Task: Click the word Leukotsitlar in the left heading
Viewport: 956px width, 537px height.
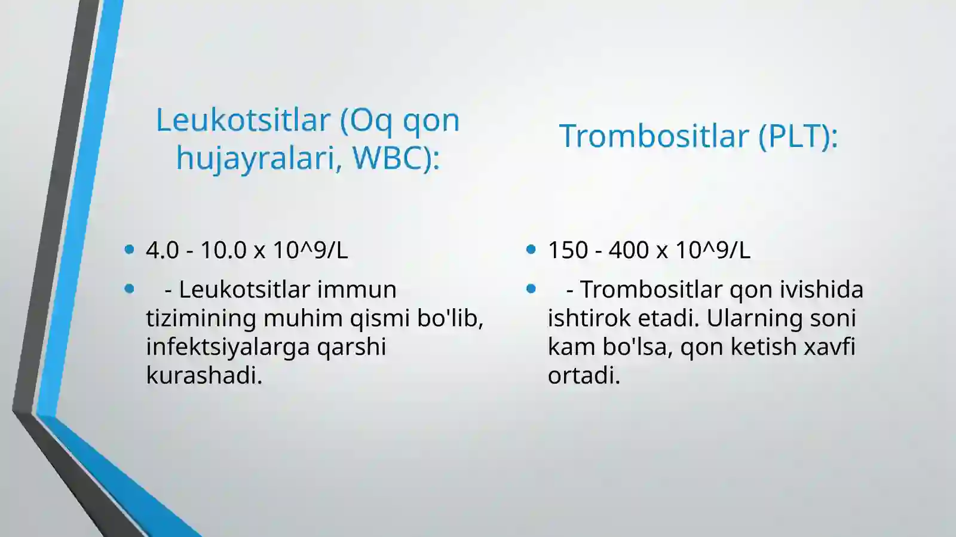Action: click(x=243, y=120)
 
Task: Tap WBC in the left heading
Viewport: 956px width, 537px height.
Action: click(x=386, y=158)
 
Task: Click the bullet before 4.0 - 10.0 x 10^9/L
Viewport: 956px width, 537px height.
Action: click(x=130, y=250)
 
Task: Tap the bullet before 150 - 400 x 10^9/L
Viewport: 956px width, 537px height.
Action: click(x=531, y=250)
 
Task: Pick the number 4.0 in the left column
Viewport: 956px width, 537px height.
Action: click(x=162, y=250)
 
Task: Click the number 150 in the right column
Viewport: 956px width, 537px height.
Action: click(x=568, y=250)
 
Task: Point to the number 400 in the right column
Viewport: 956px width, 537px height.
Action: click(x=629, y=250)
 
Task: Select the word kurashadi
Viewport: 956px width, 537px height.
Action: click(x=204, y=376)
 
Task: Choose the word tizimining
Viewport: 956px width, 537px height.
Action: click(x=201, y=318)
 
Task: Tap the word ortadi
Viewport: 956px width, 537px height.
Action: click(x=584, y=376)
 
